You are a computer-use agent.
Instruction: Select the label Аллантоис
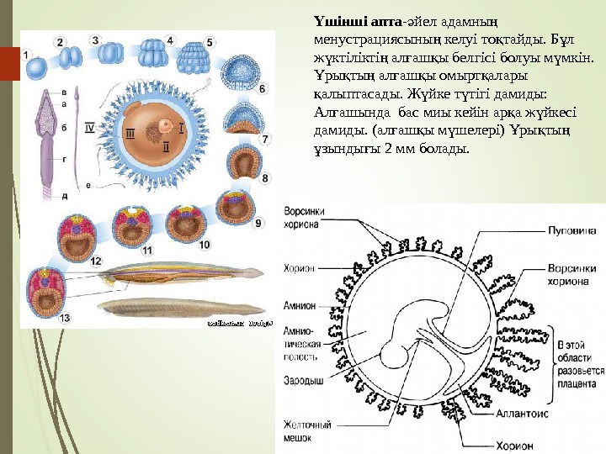pos(549,414)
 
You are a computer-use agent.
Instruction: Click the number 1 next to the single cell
pos(26,55)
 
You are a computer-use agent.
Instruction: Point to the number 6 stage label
pos(263,87)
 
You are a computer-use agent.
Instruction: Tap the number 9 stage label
pos(258,223)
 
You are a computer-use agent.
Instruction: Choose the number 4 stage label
pos(170,40)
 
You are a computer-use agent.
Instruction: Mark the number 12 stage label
pos(96,261)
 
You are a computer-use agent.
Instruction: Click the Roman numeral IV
pos(92,127)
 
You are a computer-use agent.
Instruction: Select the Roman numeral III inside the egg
pos(130,133)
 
